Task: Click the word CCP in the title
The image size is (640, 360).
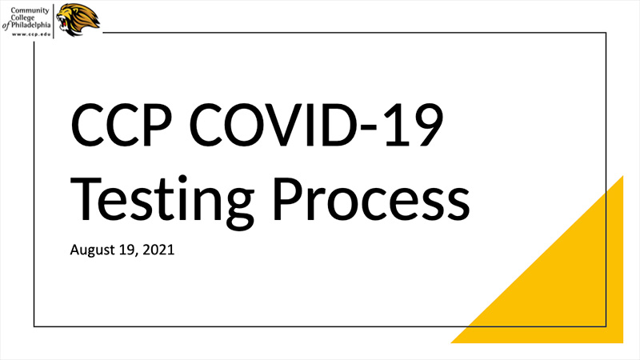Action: (x=122, y=125)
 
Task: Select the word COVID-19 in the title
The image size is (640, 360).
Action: (x=316, y=125)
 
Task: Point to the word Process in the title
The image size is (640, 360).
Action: (x=371, y=198)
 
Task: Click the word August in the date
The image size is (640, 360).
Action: (x=93, y=250)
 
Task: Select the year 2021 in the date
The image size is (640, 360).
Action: (x=158, y=250)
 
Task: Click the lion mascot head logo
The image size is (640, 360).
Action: (x=78, y=19)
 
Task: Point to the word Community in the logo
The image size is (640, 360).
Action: (x=30, y=10)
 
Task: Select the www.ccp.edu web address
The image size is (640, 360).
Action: (x=31, y=34)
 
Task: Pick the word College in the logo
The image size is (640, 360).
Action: (x=23, y=18)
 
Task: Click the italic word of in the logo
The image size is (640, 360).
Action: (x=6, y=26)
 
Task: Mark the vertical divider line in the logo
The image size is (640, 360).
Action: (x=54, y=22)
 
